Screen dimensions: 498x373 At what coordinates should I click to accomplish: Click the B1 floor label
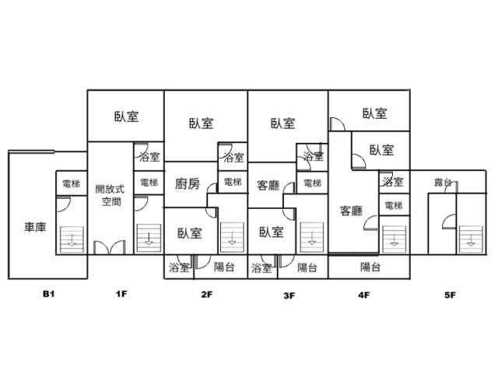tap(48, 294)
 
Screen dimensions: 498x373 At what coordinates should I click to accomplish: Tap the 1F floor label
tap(121, 294)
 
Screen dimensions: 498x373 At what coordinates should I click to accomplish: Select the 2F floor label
tap(206, 295)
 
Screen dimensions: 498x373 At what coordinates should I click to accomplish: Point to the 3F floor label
tap(289, 295)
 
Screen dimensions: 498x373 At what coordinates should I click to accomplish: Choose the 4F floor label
tap(364, 295)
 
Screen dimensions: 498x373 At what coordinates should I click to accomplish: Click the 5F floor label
tap(450, 295)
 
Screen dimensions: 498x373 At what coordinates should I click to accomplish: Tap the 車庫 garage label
tap(35, 227)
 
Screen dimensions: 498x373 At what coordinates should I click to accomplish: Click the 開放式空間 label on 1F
tap(110, 195)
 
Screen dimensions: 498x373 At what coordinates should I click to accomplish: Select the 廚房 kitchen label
tap(188, 183)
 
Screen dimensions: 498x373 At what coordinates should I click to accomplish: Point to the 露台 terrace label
tap(444, 183)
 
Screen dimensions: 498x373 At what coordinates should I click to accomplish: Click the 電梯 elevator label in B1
tap(71, 183)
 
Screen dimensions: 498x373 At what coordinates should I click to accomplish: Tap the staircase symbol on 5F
tap(471, 240)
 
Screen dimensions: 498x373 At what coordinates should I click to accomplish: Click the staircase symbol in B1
tap(72, 239)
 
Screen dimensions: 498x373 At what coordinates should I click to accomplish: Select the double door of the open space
tap(109, 247)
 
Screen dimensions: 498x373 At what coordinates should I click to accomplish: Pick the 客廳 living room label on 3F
tap(268, 185)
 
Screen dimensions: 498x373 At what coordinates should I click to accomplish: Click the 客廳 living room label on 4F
tap(351, 211)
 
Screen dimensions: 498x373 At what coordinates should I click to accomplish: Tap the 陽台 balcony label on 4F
tap(370, 267)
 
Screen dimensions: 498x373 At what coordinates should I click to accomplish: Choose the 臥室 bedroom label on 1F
tap(127, 117)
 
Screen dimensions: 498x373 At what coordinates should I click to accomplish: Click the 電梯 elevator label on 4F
tap(394, 206)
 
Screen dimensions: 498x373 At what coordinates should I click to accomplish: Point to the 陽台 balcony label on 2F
tap(224, 267)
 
